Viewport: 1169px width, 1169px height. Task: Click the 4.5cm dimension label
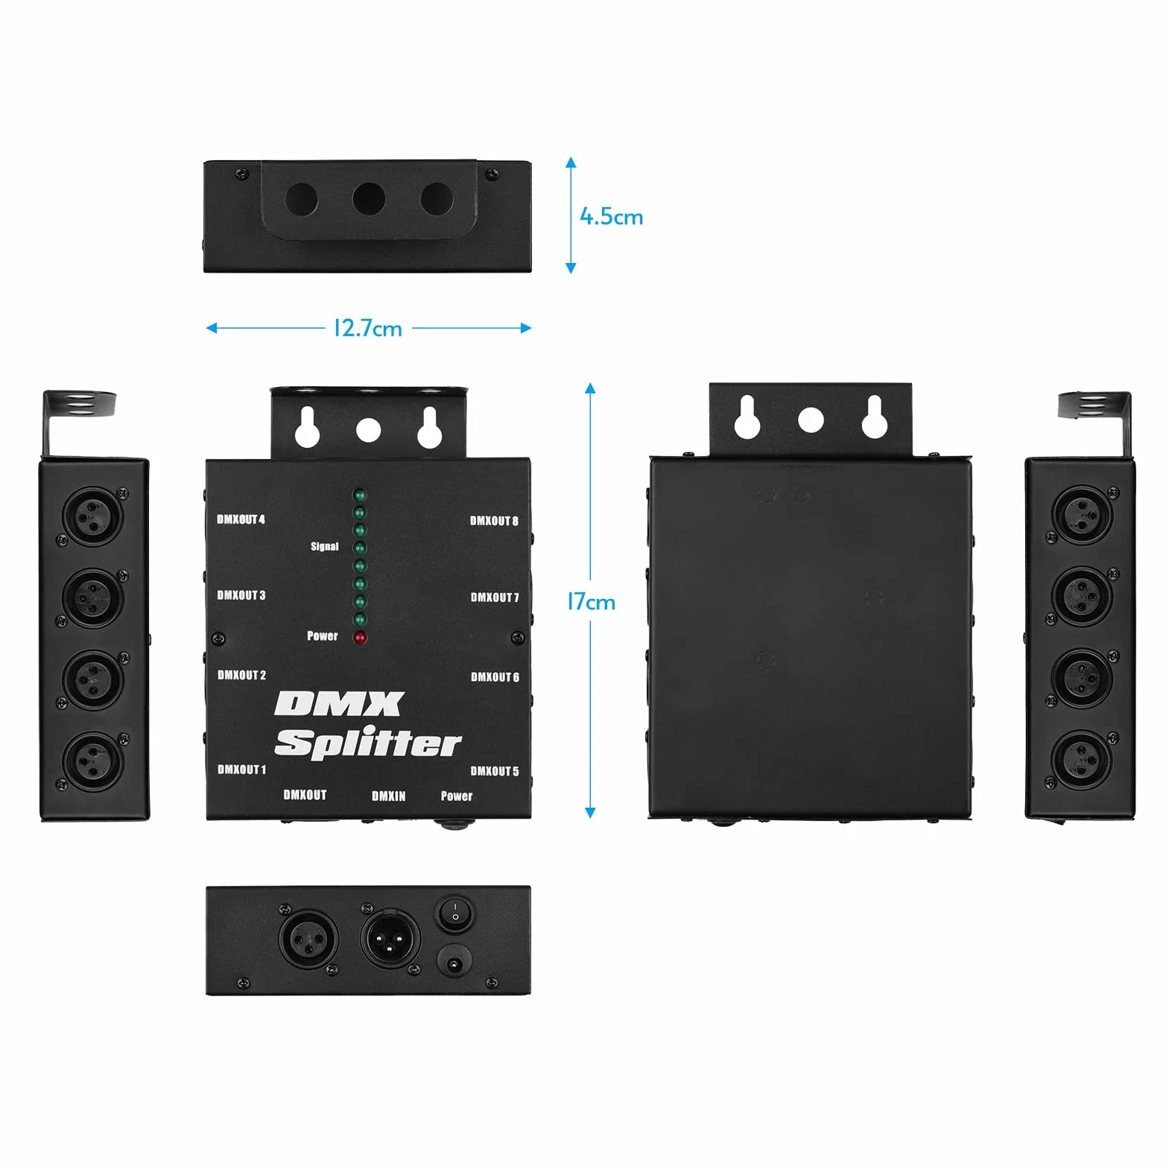click(x=611, y=217)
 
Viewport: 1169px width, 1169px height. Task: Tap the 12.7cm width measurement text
click(x=368, y=329)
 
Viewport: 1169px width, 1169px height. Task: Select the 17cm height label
click(x=592, y=601)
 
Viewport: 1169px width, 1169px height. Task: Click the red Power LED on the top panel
click(x=360, y=638)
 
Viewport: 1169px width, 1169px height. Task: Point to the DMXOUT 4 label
click(x=241, y=519)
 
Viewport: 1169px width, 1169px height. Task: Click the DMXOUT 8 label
click(x=494, y=521)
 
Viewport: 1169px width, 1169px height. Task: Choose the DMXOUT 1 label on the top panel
click(x=241, y=769)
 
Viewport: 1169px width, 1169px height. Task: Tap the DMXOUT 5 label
click(x=495, y=771)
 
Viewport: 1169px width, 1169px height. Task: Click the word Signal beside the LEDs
click(x=325, y=546)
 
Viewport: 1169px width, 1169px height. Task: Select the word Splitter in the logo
click(x=368, y=744)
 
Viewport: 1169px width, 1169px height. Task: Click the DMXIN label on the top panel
click(x=389, y=796)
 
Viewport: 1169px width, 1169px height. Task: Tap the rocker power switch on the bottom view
click(x=454, y=913)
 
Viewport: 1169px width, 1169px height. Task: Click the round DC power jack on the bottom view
click(x=454, y=965)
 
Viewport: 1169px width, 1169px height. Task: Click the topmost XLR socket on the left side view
click(x=93, y=516)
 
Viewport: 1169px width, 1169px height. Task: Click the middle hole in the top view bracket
click(x=369, y=200)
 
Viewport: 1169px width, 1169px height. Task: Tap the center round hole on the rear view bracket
click(x=811, y=419)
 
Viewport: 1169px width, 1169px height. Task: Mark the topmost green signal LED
click(x=360, y=495)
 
